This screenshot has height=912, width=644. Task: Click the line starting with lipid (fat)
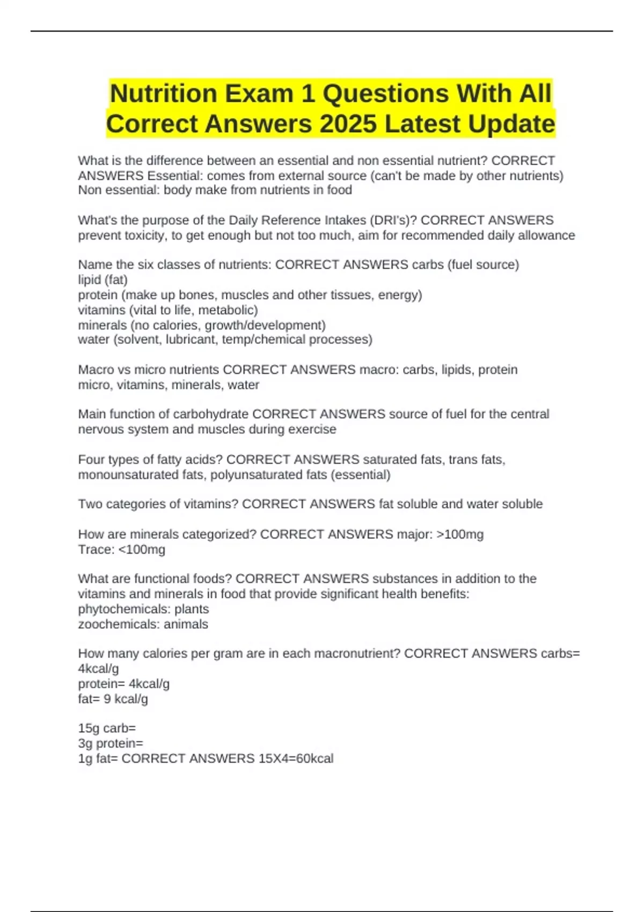103,280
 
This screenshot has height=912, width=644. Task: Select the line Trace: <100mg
122,549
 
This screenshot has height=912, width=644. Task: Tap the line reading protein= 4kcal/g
124,684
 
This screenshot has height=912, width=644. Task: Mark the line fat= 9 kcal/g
113,699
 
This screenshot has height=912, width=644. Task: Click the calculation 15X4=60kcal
296,759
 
